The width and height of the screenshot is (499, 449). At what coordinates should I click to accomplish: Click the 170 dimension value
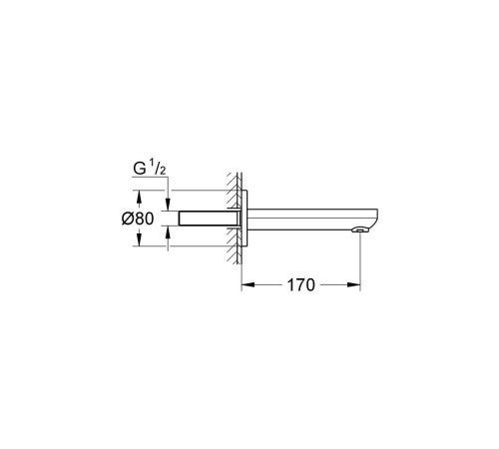click(300, 285)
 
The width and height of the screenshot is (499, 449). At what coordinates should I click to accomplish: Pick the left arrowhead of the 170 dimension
click(247, 285)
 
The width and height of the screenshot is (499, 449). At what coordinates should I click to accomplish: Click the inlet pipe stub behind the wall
click(205, 218)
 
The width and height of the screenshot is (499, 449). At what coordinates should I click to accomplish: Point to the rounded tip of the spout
click(375, 218)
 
